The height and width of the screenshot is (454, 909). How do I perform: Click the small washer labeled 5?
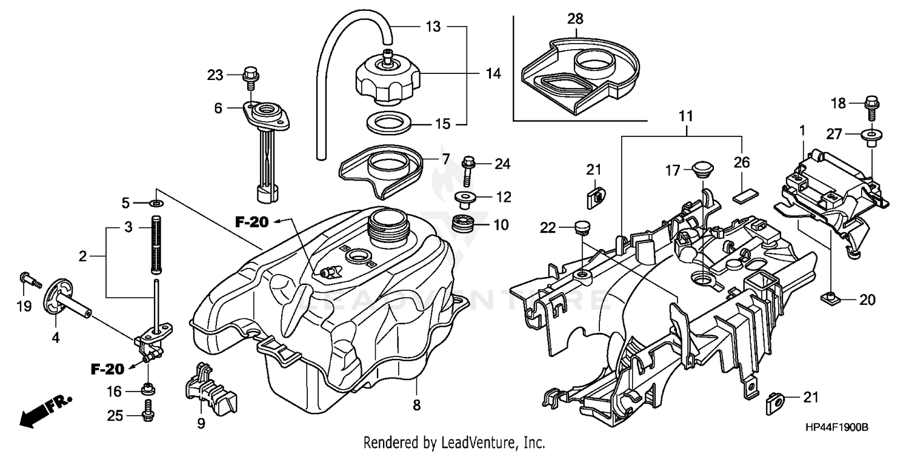156,202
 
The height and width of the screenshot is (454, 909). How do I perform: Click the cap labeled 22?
581,227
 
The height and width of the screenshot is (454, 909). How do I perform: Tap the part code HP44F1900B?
836,427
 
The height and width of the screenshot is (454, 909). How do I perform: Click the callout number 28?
574,19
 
